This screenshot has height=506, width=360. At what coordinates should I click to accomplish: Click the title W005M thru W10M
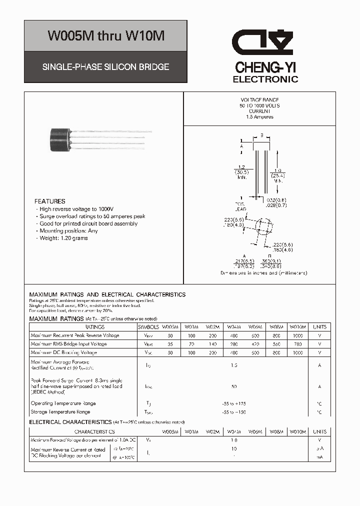pos(105,36)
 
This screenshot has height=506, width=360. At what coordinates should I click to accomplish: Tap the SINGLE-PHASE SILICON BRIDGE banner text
pos(105,66)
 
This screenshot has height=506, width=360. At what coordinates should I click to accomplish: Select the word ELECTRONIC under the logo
pos(265,79)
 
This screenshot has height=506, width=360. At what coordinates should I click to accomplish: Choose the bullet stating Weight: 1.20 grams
pos(63,238)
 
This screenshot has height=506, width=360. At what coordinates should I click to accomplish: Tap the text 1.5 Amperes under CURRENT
pos(259,117)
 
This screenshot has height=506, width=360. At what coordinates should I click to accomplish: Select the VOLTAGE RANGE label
pos(259,99)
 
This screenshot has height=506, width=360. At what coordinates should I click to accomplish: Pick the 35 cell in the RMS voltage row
pos(170,344)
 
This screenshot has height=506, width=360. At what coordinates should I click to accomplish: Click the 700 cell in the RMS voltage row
pos(297,344)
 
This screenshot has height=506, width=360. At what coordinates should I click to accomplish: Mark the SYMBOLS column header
pos(148,327)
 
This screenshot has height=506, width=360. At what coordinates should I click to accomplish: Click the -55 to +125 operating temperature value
pos(234,403)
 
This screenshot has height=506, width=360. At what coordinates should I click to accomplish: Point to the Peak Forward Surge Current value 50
pos(234,386)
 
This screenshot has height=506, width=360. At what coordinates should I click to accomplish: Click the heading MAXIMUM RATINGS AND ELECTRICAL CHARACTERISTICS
pos(107,295)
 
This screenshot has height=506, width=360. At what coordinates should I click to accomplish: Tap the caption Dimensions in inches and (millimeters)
pos(263,273)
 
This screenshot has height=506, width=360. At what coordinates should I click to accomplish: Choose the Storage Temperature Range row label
pos(60,412)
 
